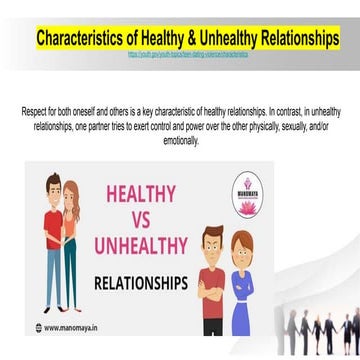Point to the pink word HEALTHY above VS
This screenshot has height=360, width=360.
click(141, 193)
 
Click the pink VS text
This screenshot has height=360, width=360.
click(141, 220)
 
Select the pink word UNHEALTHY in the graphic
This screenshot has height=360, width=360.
click(141, 247)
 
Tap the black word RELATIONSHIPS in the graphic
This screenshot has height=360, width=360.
click(141, 282)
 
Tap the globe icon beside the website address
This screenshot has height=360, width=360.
click(38, 327)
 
